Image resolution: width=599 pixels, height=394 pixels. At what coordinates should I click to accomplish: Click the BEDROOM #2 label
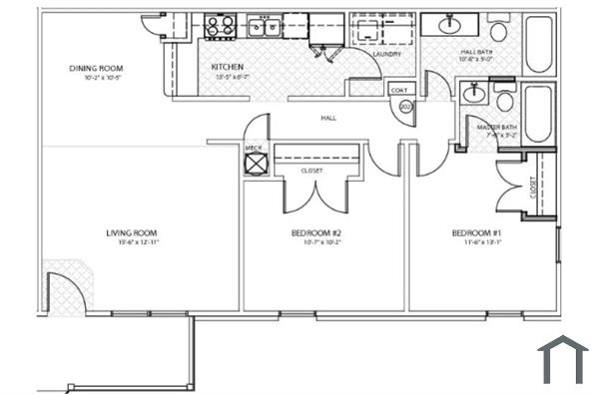point(316,233)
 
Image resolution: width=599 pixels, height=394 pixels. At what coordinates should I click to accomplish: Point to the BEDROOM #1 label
point(472,233)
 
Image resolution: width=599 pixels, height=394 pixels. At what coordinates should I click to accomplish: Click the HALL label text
point(327,118)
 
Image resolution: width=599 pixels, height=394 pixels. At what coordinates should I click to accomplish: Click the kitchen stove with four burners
point(219,25)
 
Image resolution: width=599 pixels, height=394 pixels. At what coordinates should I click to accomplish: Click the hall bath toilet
point(498,22)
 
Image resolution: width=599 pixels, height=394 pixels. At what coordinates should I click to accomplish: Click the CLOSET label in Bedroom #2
point(311,170)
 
